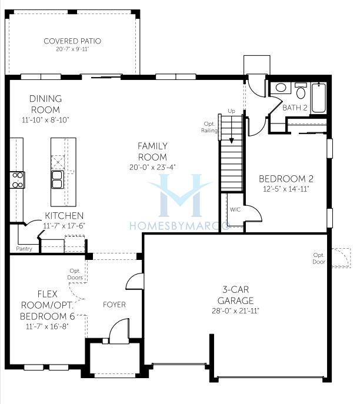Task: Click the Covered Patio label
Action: pyautogui.click(x=72, y=41)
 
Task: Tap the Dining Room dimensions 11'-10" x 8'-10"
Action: pyautogui.click(x=46, y=120)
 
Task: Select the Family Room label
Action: pyautogui.click(x=152, y=152)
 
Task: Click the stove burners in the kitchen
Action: pyautogui.click(x=18, y=180)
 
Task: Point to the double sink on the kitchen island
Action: pyautogui.click(x=58, y=179)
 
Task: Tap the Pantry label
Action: pyautogui.click(x=24, y=249)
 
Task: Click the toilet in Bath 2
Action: pyautogui.click(x=301, y=91)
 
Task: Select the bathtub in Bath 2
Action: pyautogui.click(x=319, y=98)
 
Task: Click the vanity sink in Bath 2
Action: pyautogui.click(x=281, y=88)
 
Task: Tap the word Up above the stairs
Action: pyautogui.click(x=231, y=111)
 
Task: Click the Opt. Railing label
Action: pyautogui.click(x=209, y=127)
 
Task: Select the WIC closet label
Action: pyautogui.click(x=235, y=209)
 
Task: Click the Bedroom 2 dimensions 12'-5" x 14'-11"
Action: pyautogui.click(x=286, y=189)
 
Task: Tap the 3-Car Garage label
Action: pyautogui.click(x=235, y=295)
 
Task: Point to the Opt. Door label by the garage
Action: pyautogui.click(x=319, y=258)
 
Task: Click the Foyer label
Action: pyautogui.click(x=115, y=305)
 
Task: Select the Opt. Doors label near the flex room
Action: pyautogui.click(x=75, y=274)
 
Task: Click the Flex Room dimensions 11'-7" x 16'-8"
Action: pyautogui.click(x=47, y=326)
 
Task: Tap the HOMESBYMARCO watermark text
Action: pyautogui.click(x=179, y=226)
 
